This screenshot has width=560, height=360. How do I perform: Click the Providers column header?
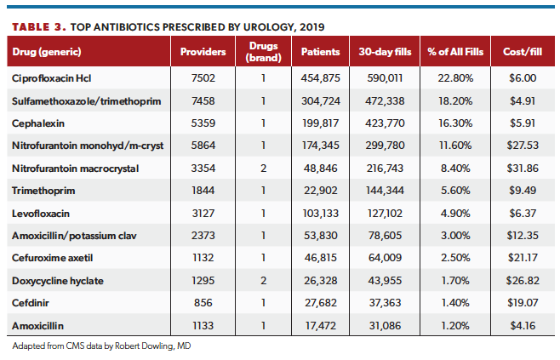pyautogui.click(x=203, y=52)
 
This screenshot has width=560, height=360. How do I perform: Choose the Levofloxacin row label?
pyautogui.click(x=40, y=212)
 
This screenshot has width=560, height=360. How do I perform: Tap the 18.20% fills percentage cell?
pyautogui.click(x=455, y=101)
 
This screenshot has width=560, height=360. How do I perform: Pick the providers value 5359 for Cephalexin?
pyautogui.click(x=203, y=123)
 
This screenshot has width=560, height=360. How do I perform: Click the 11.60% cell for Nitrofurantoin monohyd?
pyautogui.click(x=455, y=146)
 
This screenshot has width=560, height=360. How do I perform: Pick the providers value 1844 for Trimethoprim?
pyautogui.click(x=203, y=190)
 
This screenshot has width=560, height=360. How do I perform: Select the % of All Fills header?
pyautogui.click(x=455, y=52)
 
